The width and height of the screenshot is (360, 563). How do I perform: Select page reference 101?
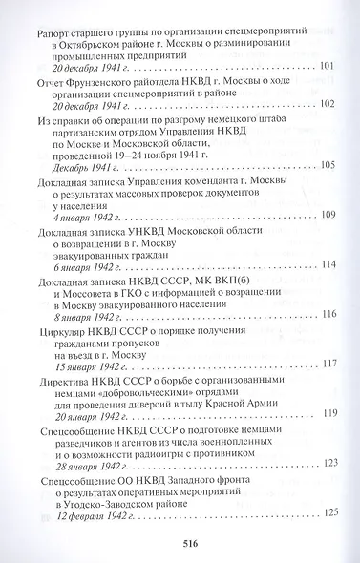pyautogui.click(x=330, y=67)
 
